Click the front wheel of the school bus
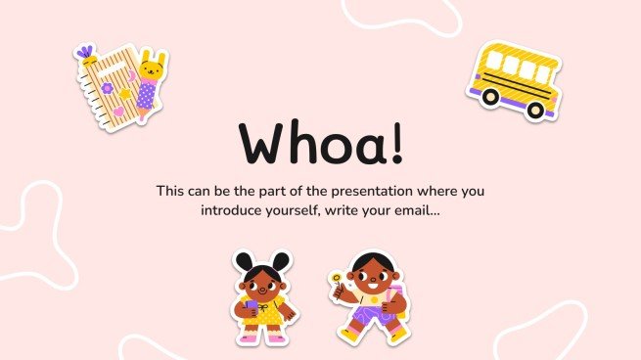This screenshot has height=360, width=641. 534,109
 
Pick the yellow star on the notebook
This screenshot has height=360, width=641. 124,95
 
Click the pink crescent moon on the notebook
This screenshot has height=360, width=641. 130,75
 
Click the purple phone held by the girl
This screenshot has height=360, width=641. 251,307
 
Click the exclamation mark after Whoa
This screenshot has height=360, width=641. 393,143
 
